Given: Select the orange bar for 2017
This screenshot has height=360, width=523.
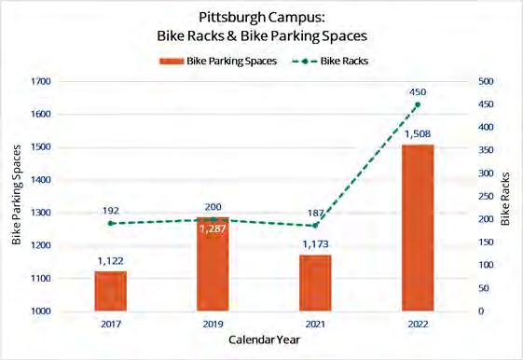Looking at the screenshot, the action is pyautogui.click(x=111, y=291).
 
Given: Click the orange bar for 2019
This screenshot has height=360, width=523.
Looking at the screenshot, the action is pyautogui.click(x=213, y=264).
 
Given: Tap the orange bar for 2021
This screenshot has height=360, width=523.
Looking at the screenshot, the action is pyautogui.click(x=315, y=283).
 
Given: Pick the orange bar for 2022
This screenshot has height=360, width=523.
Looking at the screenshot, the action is pyautogui.click(x=418, y=228).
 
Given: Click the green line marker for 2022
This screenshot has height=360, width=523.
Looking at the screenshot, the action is pyautogui.click(x=418, y=104).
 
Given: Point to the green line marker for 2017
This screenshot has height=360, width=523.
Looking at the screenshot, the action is pyautogui.click(x=110, y=223).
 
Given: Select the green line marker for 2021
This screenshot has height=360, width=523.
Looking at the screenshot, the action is pyautogui.click(x=315, y=226).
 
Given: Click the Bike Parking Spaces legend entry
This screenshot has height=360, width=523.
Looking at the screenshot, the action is pyautogui.click(x=218, y=61).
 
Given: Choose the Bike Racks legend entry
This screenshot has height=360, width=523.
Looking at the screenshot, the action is pyautogui.click(x=330, y=61).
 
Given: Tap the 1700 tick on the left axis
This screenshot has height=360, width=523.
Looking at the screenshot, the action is pyautogui.click(x=41, y=81).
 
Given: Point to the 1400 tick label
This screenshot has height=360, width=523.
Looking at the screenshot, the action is pyautogui.click(x=41, y=180).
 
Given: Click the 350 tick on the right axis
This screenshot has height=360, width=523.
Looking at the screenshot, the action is pyautogui.click(x=486, y=150).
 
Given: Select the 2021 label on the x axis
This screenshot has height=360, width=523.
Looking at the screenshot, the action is pyautogui.click(x=315, y=324).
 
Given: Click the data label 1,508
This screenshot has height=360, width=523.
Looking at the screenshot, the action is pyautogui.click(x=418, y=134).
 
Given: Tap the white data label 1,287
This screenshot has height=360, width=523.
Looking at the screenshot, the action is pyautogui.click(x=213, y=228).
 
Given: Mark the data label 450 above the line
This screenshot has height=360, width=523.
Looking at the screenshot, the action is pyautogui.click(x=418, y=92).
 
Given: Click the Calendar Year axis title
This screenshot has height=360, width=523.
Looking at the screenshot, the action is pyautogui.click(x=264, y=339).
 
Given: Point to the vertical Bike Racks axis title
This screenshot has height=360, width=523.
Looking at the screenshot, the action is pyautogui.click(x=505, y=199).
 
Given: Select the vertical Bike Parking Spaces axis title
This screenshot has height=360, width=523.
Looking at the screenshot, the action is pyautogui.click(x=17, y=195).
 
